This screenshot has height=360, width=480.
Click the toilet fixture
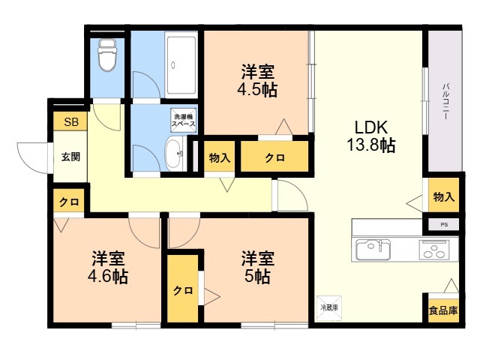106,55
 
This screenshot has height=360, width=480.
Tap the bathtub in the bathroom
181,65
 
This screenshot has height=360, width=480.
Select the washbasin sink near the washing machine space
175,154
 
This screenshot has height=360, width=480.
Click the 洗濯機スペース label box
183,120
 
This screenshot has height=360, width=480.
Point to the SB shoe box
70,121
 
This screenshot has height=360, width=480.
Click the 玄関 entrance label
70,157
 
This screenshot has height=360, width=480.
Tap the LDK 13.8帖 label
371,136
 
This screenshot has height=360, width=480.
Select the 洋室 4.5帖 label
257,80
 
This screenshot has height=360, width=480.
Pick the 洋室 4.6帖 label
108,267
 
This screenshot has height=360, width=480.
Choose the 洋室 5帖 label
257,267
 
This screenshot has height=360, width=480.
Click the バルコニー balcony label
445,101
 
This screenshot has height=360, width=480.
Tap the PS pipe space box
443,225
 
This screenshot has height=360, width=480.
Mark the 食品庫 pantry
443,310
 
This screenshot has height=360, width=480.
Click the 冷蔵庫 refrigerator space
328,308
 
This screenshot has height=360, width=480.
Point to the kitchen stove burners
434,250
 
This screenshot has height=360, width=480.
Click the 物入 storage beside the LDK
443,195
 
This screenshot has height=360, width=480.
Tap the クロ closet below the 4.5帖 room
274,157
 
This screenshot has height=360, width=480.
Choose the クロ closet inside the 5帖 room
183,289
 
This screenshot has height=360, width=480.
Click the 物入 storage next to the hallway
220,157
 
